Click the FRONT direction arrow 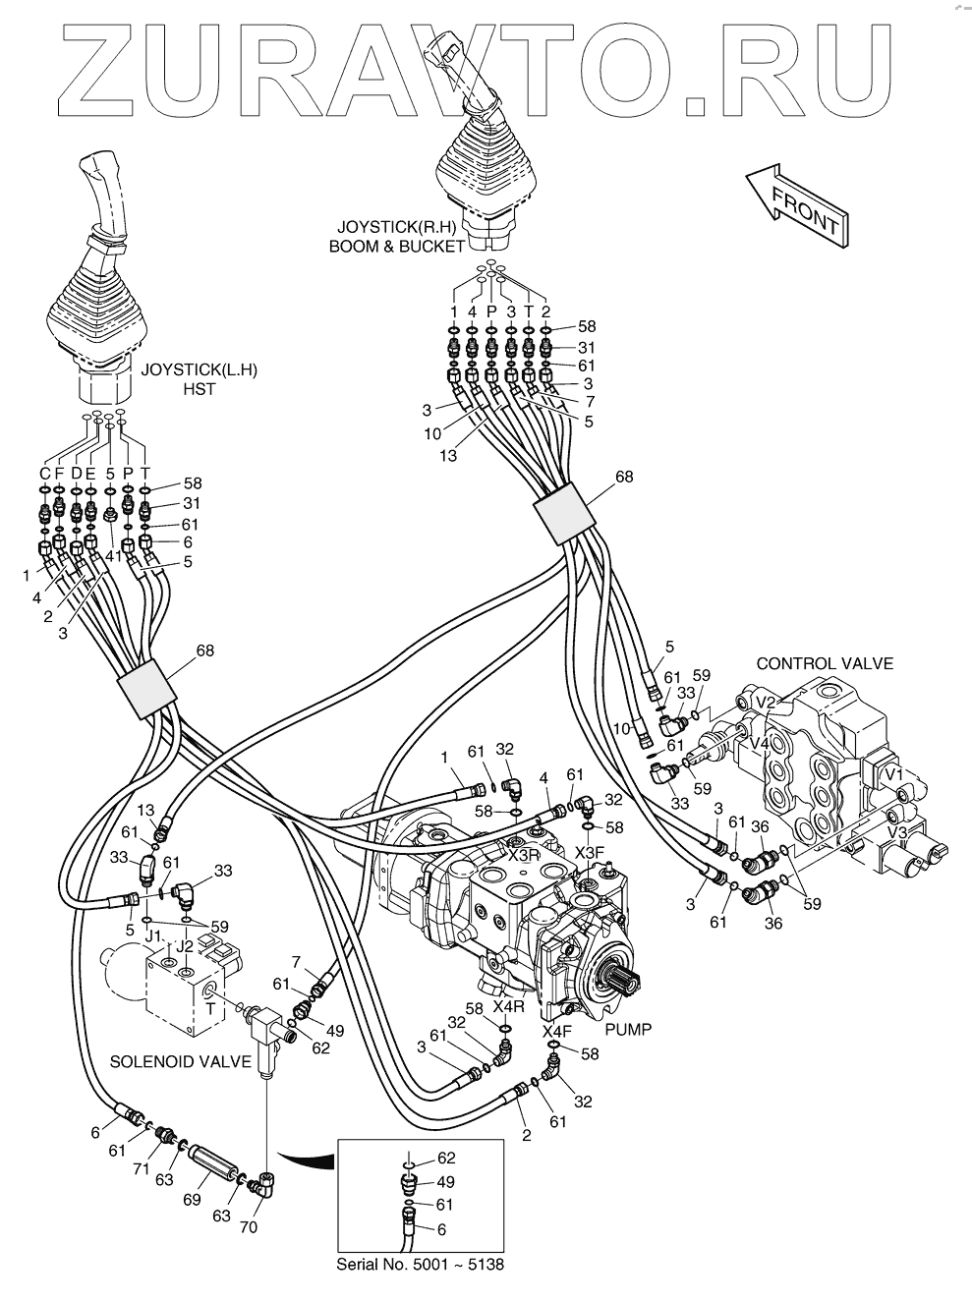coord(798,204)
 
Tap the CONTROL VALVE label coord(825,663)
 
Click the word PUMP coord(628,1029)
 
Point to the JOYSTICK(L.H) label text coord(200,370)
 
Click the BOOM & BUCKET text coord(397,247)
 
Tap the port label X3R coord(524,856)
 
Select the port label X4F coord(557,1032)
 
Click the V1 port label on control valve coord(893,774)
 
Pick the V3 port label coord(896,832)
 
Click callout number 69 coord(192,1200)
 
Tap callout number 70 coord(249,1227)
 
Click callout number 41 coord(114,556)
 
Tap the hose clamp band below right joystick coord(564,513)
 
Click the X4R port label coord(509,1006)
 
